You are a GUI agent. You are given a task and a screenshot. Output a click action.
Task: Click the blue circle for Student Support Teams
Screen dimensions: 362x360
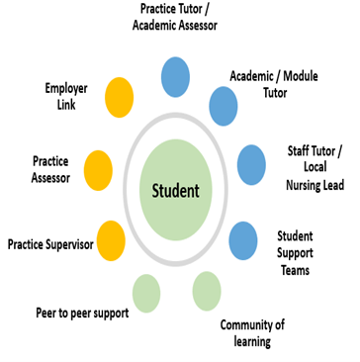pyautogui.click(x=243, y=238)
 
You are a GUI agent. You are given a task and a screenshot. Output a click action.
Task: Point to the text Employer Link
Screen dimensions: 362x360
pyautogui.click(x=65, y=96)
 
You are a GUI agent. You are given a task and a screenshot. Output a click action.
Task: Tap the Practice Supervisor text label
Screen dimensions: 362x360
pyautogui.click(x=50, y=242)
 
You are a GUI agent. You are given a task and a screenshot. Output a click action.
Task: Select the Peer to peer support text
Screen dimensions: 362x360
pyautogui.click(x=84, y=316)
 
